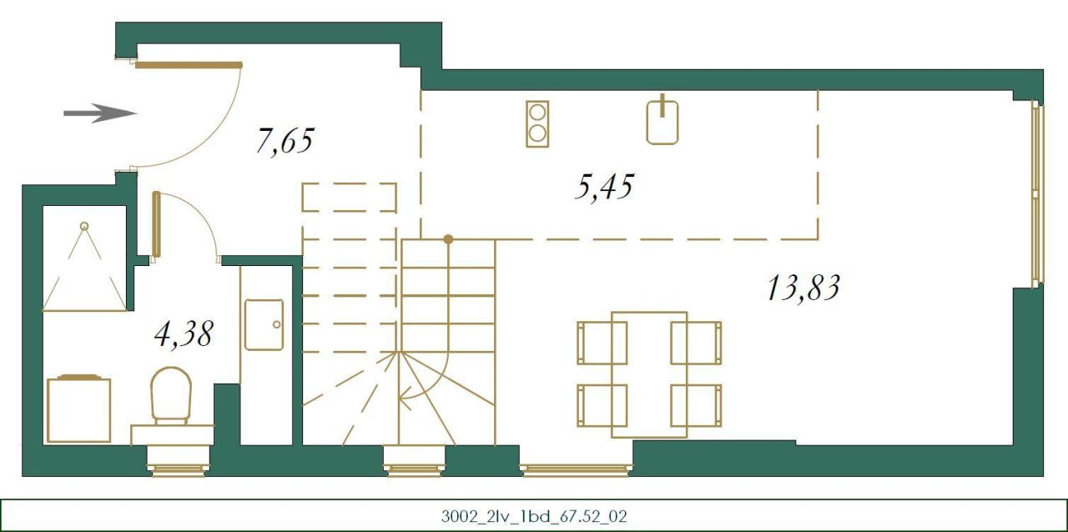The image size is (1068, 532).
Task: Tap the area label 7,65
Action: (x=285, y=142)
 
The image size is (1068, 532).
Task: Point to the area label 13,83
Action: (x=802, y=288)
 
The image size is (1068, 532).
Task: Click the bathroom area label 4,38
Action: (x=184, y=334)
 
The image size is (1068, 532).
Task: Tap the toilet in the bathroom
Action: (x=171, y=396)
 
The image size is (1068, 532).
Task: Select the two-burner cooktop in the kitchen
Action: (x=537, y=123)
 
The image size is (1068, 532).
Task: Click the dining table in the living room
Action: (x=649, y=374)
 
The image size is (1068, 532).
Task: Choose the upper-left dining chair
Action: (x=601, y=343)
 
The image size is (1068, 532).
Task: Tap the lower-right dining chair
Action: (x=697, y=405)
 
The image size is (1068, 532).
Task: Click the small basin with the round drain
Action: (x=264, y=324)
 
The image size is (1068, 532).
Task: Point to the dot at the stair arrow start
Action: (x=448, y=239)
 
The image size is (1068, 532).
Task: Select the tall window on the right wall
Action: (x=1037, y=194)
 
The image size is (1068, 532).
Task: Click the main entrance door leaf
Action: (x=189, y=64)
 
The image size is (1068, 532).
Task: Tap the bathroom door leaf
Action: (x=156, y=223)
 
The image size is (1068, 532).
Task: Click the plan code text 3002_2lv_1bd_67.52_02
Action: (x=534, y=516)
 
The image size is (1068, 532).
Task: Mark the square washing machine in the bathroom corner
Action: (x=79, y=409)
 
